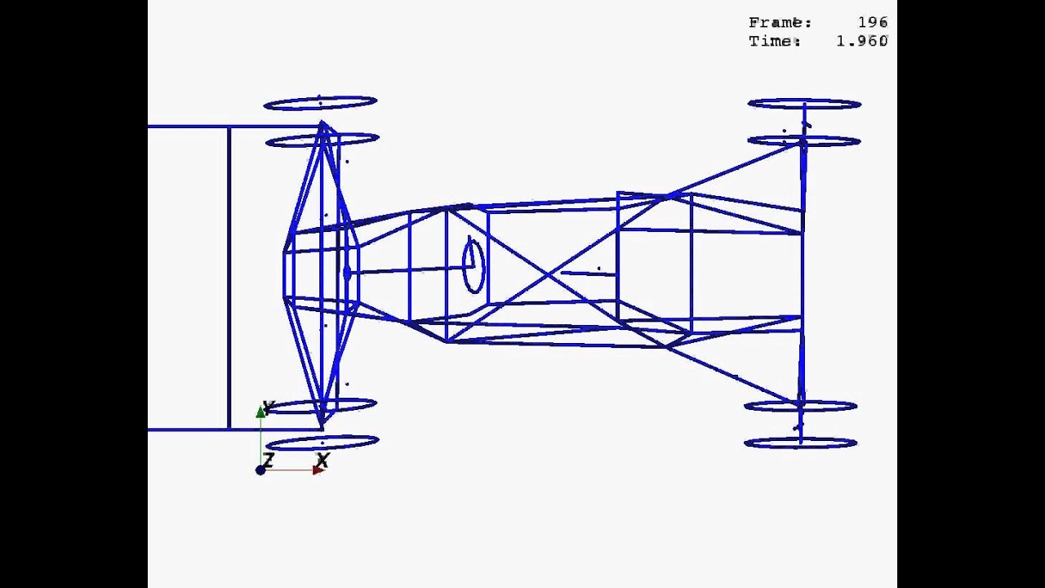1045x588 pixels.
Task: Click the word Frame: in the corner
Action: pyautogui.click(x=780, y=23)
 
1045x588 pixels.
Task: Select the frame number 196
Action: pyautogui.click(x=872, y=23)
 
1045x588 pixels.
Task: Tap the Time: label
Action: pyautogui.click(x=774, y=41)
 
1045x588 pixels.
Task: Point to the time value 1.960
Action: pyautogui.click(x=861, y=41)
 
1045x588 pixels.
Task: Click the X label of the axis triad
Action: pyautogui.click(x=322, y=461)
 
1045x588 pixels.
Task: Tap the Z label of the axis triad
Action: pyautogui.click(x=268, y=461)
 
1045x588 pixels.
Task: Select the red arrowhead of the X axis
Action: pyautogui.click(x=318, y=470)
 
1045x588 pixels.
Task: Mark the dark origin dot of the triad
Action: pyautogui.click(x=260, y=470)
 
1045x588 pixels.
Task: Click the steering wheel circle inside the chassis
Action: pyautogui.click(x=474, y=265)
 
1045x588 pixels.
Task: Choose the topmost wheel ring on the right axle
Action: pyautogui.click(x=804, y=104)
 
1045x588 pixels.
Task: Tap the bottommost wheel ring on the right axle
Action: pyautogui.click(x=800, y=443)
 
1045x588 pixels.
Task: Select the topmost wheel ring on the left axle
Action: pyautogui.click(x=320, y=103)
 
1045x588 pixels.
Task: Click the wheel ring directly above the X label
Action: pyautogui.click(x=322, y=443)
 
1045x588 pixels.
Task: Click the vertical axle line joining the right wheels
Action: pyautogui.click(x=803, y=269)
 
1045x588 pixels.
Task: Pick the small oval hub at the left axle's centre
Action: pyautogui.click(x=348, y=272)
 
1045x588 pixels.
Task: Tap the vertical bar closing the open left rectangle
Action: pyautogui.click(x=229, y=278)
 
